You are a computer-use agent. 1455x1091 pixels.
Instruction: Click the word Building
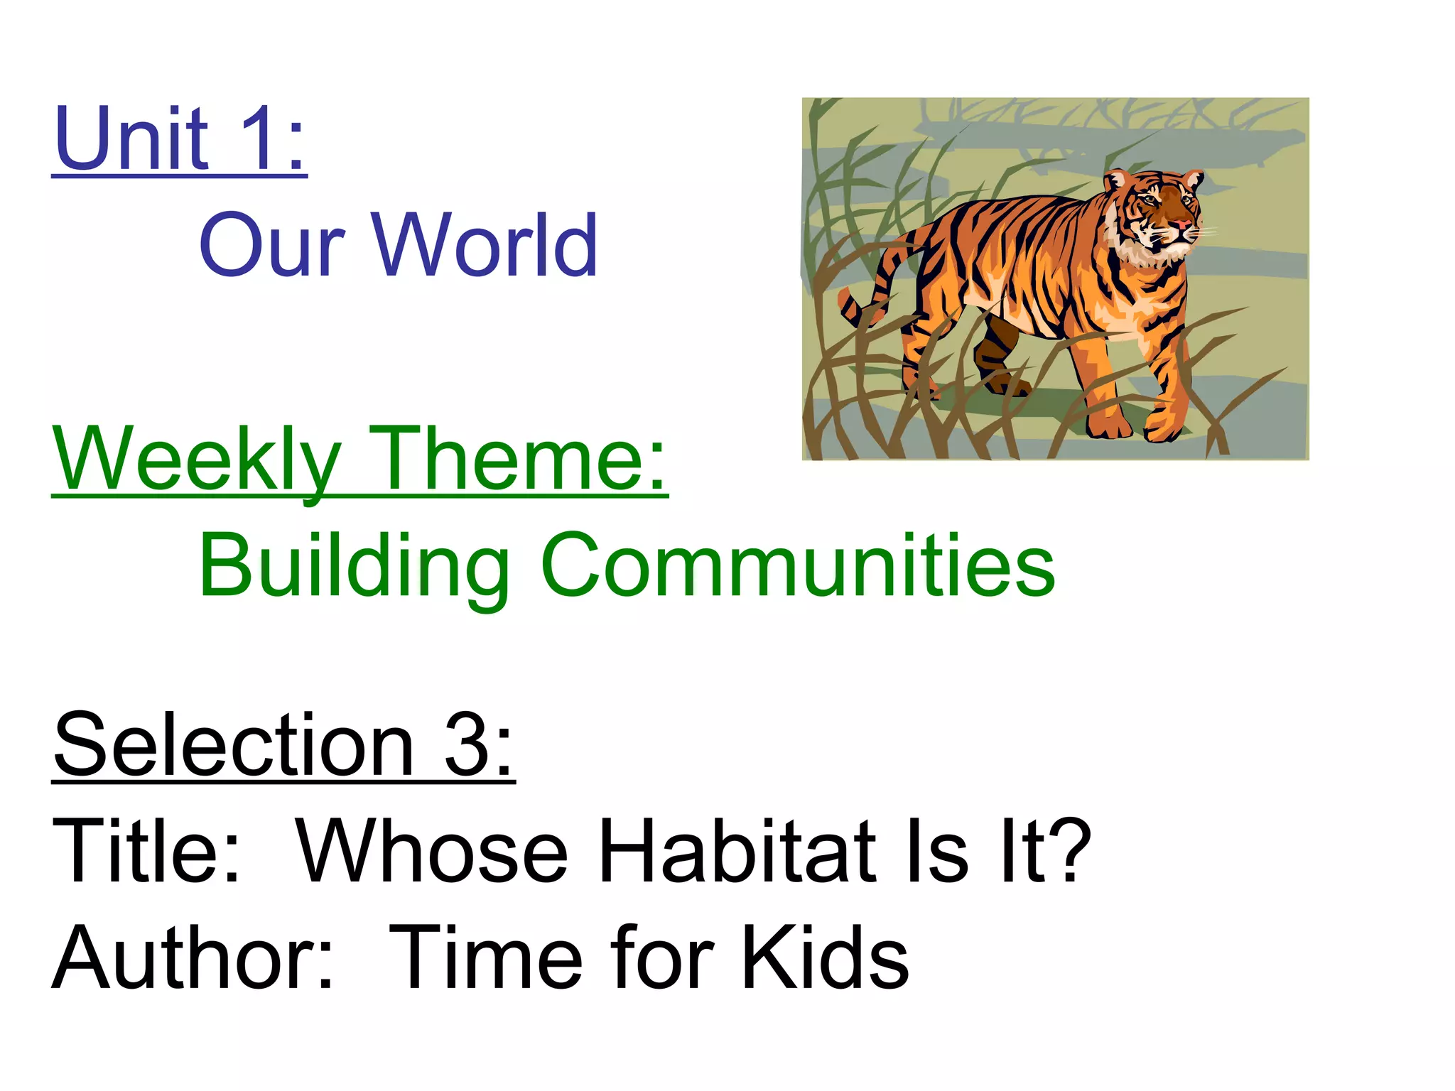(x=354, y=565)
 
